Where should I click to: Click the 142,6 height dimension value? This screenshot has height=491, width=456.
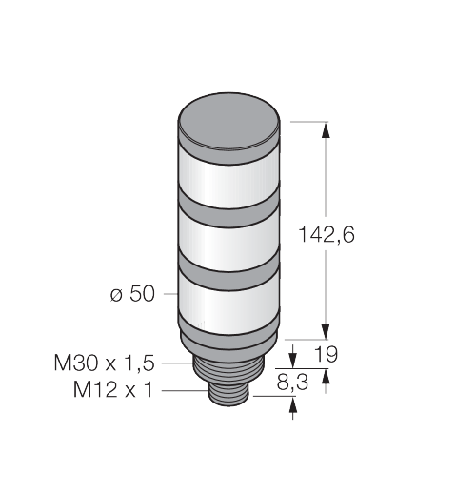[x=327, y=235]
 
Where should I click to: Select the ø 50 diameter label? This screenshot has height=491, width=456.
[x=132, y=294]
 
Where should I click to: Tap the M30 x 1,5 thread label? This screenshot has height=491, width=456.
[x=104, y=363]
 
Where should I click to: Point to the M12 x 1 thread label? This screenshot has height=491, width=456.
[x=113, y=389]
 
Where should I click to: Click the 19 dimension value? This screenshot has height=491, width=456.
[x=326, y=354]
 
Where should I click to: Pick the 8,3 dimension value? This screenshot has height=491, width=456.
[x=292, y=383]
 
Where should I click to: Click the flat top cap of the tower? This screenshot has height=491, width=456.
[x=229, y=121]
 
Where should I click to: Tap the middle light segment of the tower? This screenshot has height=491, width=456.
[x=228, y=244]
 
